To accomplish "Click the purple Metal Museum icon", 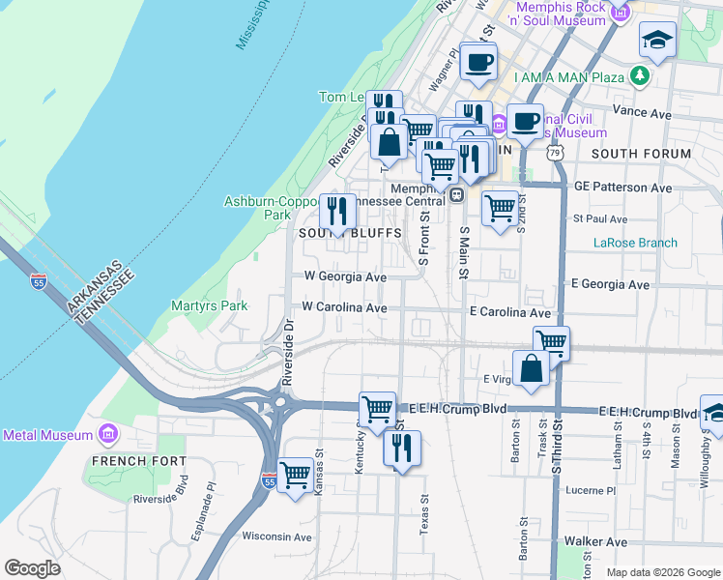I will pos(107,435).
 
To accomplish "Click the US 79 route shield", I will pos(553,153).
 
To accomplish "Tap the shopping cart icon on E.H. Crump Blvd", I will pos(377,407).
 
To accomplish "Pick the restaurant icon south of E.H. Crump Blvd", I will pos(401,448).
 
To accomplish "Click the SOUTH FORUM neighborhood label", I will pos(641,154).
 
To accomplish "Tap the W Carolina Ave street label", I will pos(344,307).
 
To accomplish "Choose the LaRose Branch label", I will pos(635,243).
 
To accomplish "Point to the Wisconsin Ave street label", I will pos(276,536).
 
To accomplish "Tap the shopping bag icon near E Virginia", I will pos(531,368).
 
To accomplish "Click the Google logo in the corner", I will pos(33,568).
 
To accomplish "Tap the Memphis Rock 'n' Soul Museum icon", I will pos(622,12).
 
